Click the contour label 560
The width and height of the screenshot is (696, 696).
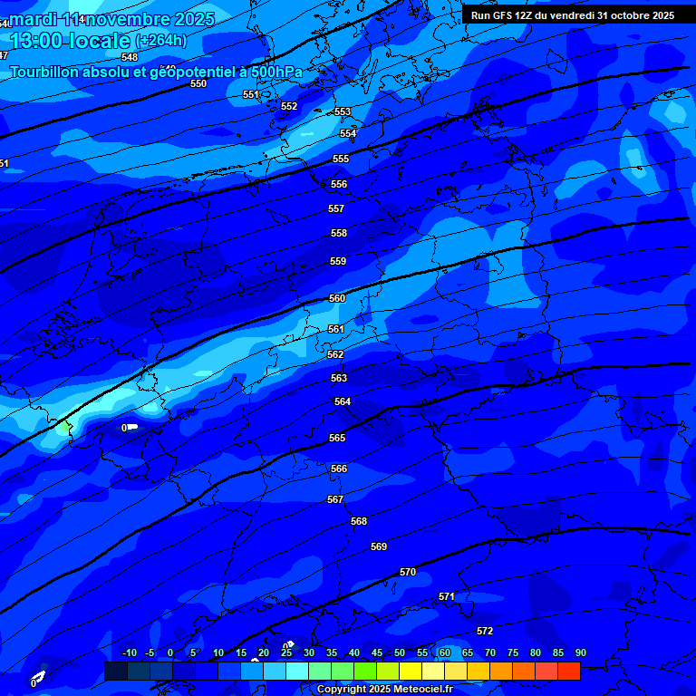tap(337, 298)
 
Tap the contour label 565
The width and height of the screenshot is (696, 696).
tap(337, 438)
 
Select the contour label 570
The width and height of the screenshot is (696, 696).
tap(408, 572)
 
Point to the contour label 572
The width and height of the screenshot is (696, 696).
tap(485, 631)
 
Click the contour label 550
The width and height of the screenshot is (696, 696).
tap(198, 83)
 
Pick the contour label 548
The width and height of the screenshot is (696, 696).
tap(130, 57)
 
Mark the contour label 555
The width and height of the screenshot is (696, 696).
tap(341, 159)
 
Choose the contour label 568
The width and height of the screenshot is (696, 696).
tap(359, 521)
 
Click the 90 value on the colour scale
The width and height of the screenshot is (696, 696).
tap(580, 652)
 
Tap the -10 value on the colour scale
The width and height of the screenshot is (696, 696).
tap(129, 652)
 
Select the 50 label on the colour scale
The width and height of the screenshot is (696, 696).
tap(400, 652)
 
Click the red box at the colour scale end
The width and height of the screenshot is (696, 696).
tap(568, 671)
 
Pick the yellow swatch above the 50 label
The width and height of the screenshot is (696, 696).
tap(410, 671)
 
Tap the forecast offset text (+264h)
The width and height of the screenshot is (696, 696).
tap(161, 41)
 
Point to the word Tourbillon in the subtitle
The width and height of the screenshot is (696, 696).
tap(51, 72)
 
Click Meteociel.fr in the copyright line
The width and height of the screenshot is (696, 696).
tap(416, 690)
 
